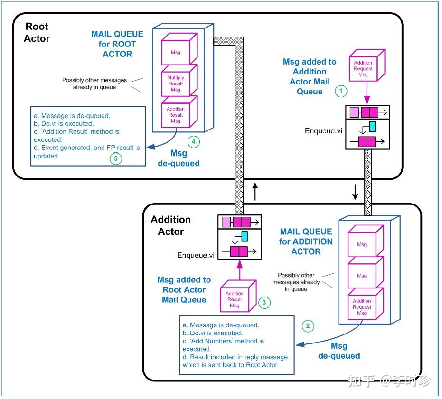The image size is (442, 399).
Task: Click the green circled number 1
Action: [x=341, y=90]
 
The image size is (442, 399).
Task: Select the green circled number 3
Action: [x=264, y=302]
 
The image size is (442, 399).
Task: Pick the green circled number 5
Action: [x=115, y=158]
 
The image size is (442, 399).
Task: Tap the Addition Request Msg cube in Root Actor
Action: [x=363, y=68]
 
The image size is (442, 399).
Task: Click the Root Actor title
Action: [x=37, y=32]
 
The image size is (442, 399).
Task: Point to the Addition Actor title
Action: [x=170, y=225]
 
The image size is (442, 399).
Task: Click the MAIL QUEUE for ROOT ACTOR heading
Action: [x=117, y=44]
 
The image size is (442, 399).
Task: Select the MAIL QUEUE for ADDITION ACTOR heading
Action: [x=306, y=241]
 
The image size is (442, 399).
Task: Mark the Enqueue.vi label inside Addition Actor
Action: [x=196, y=255]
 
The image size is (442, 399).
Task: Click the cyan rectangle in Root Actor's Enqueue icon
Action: [x=372, y=126]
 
